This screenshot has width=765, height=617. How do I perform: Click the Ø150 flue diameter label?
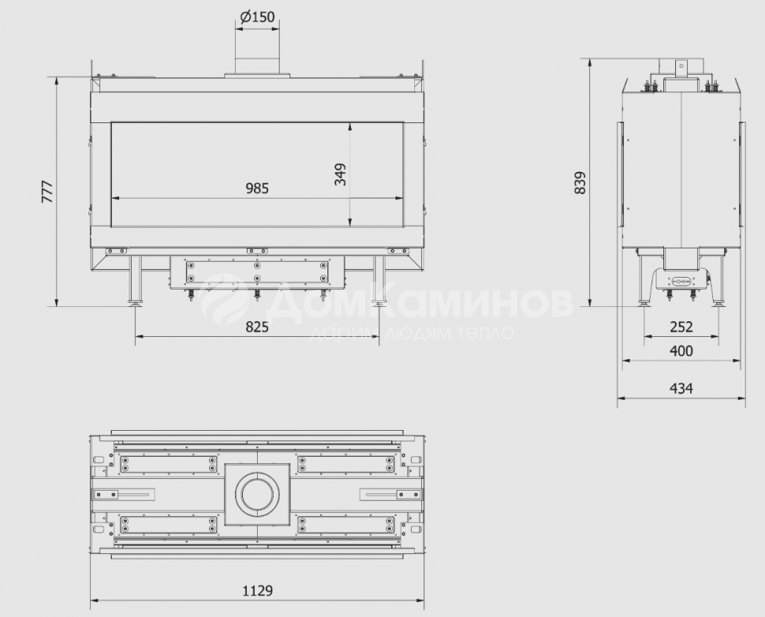tap(258, 17)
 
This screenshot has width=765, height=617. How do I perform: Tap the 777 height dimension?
tap(47, 192)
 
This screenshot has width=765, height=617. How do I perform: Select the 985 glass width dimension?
tap(257, 188)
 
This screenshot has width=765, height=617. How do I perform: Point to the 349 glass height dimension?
tap(340, 174)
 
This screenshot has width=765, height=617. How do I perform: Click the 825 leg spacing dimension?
tap(257, 327)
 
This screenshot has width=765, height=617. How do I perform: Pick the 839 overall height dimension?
tap(580, 183)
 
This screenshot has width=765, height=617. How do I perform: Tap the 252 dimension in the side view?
tap(681, 327)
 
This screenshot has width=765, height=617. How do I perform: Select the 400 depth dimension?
tap(681, 351)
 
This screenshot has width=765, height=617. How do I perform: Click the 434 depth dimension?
tap(681, 388)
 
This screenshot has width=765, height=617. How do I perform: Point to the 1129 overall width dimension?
tap(258, 591)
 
